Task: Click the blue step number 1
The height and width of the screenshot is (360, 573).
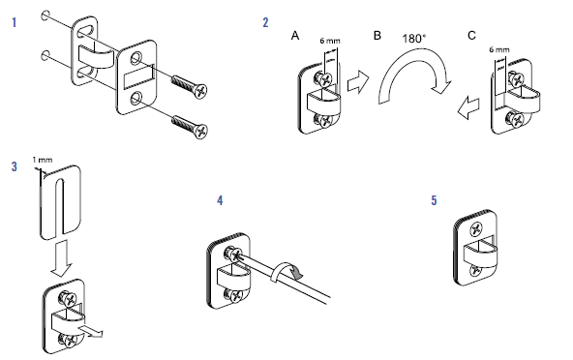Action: pyautogui.click(x=15, y=22)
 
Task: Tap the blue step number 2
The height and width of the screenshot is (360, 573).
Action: pyautogui.click(x=265, y=22)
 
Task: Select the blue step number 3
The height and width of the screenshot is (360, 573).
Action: pyautogui.click(x=15, y=166)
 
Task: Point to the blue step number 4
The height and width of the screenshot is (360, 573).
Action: pyautogui.click(x=220, y=200)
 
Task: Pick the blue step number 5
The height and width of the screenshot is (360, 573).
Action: pyautogui.click(x=434, y=200)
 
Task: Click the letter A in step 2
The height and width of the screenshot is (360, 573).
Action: pyautogui.click(x=295, y=36)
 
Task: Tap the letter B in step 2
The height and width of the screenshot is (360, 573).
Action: pyautogui.click(x=377, y=36)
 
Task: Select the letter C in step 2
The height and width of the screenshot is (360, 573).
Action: pyautogui.click(x=471, y=36)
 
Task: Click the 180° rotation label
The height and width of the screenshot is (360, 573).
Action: pyautogui.click(x=414, y=39)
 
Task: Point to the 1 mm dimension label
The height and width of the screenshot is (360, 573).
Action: pyautogui.click(x=43, y=160)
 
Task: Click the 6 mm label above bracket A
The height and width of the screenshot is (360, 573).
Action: pyautogui.click(x=330, y=41)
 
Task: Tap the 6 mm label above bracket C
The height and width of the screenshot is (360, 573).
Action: pyautogui.click(x=499, y=49)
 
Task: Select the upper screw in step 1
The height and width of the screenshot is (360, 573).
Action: pyautogui.click(x=190, y=85)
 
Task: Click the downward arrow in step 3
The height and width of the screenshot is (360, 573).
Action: pyautogui.click(x=61, y=258)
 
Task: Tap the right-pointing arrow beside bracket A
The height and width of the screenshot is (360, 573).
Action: pyautogui.click(x=358, y=82)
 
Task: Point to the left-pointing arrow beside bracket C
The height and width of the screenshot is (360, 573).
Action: pyautogui.click(x=468, y=107)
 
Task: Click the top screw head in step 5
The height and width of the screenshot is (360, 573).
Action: pyautogui.click(x=477, y=229)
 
